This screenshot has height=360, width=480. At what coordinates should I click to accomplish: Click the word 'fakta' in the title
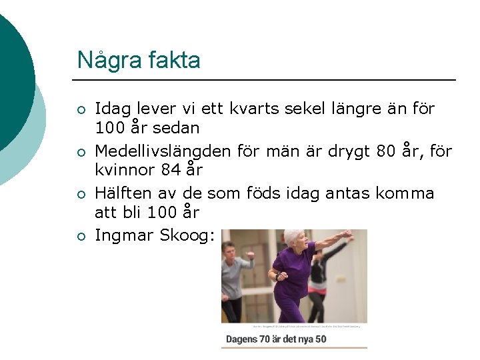click(x=175, y=61)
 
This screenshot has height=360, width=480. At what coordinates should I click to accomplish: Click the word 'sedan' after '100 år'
click(x=179, y=127)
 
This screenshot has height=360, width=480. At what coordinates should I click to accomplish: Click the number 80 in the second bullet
click(x=386, y=151)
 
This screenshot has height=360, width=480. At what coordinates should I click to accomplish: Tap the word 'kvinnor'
click(x=125, y=170)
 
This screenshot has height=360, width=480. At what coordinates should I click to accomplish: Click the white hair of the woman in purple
click(x=293, y=236)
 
